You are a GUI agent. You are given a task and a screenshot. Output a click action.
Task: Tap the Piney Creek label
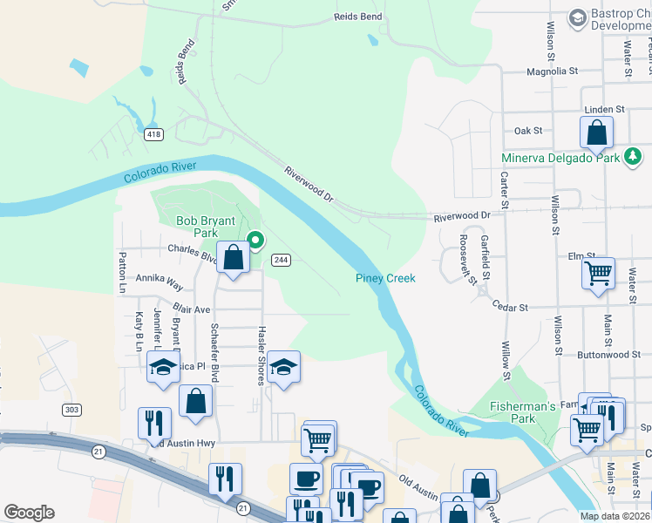pyautogui.click(x=385, y=278)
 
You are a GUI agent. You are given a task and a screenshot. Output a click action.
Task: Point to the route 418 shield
pyautogui.click(x=154, y=134)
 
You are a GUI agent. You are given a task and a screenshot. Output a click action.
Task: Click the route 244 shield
pyautogui.click(x=281, y=260)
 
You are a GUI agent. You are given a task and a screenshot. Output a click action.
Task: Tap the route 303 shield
pyautogui.click(x=71, y=409)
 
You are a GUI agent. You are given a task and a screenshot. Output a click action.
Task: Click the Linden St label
pyautogui.click(x=605, y=110)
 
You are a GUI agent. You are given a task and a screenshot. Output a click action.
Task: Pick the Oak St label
pyautogui.click(x=528, y=131)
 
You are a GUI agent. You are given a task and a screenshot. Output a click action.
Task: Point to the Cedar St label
pyautogui.click(x=510, y=308)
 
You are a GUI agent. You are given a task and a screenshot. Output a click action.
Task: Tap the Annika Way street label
pyautogui.click(x=159, y=285)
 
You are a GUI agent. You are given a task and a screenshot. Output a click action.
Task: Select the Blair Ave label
pyautogui.click(x=192, y=309)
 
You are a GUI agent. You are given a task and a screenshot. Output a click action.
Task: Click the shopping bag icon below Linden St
pyautogui.click(x=597, y=133)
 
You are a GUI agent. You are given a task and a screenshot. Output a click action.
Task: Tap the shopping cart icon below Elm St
pyautogui.click(x=599, y=273)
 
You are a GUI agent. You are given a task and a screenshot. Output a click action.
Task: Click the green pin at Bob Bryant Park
pyautogui.click(x=255, y=240)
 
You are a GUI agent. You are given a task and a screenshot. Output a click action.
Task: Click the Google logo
pyautogui.click(x=29, y=513)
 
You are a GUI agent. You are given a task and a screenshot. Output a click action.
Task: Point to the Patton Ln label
pyautogui.click(x=122, y=271)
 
